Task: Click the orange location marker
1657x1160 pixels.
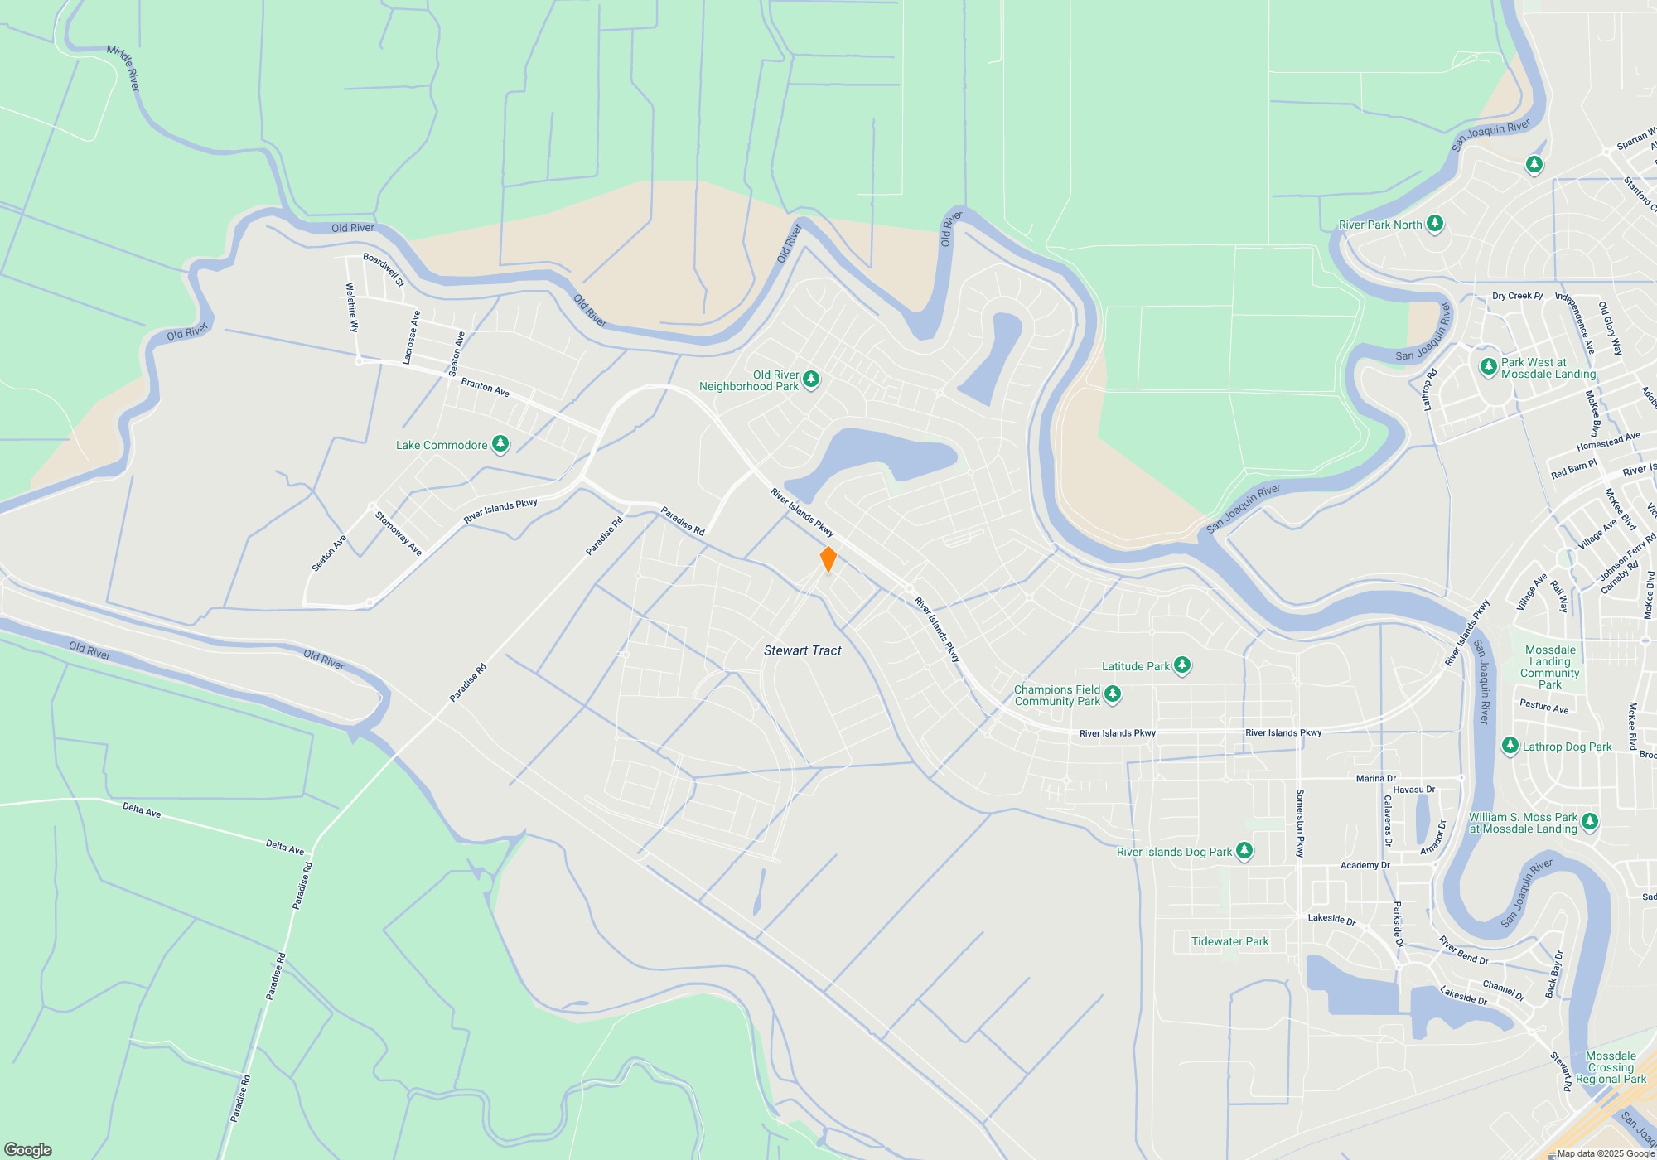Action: pyautogui.click(x=828, y=559)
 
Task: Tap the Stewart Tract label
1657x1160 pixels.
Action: pyautogui.click(x=802, y=651)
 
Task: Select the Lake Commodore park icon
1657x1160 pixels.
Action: pyautogui.click(x=500, y=444)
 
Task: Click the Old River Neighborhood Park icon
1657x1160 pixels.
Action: pyautogui.click(x=811, y=379)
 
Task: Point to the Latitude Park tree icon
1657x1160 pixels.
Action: pyautogui.click(x=1182, y=665)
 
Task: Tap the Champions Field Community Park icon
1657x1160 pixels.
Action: pyautogui.click(x=1113, y=694)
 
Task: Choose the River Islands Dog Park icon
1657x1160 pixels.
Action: pyautogui.click(x=1244, y=851)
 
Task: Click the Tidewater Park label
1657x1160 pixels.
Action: pyautogui.click(x=1229, y=941)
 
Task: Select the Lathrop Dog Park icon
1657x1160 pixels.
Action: pyautogui.click(x=1510, y=746)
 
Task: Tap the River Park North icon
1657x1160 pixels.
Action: pyautogui.click(x=1435, y=224)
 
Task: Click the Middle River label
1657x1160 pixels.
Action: pyautogui.click(x=124, y=68)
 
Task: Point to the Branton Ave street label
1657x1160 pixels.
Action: pyautogui.click(x=485, y=387)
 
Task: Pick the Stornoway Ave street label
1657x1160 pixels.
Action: pyautogui.click(x=399, y=534)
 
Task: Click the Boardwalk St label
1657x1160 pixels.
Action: pyautogui.click(x=384, y=269)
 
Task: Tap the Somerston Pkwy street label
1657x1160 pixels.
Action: pyautogui.click(x=1300, y=823)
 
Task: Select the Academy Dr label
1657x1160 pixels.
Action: pyautogui.click(x=1365, y=865)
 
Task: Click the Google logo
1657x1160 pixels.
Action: pyautogui.click(x=28, y=1149)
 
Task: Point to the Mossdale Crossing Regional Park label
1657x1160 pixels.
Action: pyautogui.click(x=1611, y=1067)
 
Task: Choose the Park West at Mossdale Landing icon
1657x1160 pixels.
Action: pyautogui.click(x=1489, y=365)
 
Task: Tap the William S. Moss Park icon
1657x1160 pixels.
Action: pyautogui.click(x=1589, y=821)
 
